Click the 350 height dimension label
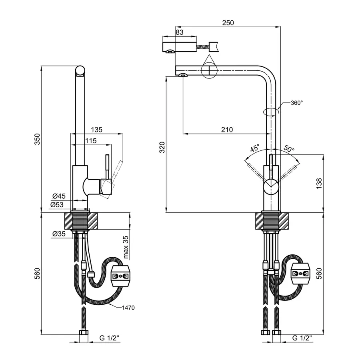coord(37,138)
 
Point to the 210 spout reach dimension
coord(227,129)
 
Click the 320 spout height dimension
coord(162,148)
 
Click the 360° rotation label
coord(296,103)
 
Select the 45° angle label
coord(255,148)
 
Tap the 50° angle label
coord(288,148)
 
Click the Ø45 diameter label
coord(59,196)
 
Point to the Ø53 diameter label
coord(58,205)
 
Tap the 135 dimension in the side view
coord(96,129)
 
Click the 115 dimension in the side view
coord(91,140)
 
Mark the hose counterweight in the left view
coord(120,276)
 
